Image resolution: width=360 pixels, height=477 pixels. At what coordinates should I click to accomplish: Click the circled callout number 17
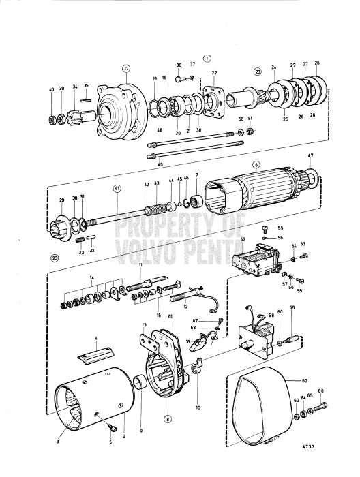pos(125,68)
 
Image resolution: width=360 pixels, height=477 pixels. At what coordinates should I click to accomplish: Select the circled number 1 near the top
pos(207,59)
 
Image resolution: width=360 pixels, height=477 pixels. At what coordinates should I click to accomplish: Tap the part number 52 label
pos(242,241)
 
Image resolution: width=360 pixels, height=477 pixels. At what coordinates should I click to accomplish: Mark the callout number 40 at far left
pos(51,89)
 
